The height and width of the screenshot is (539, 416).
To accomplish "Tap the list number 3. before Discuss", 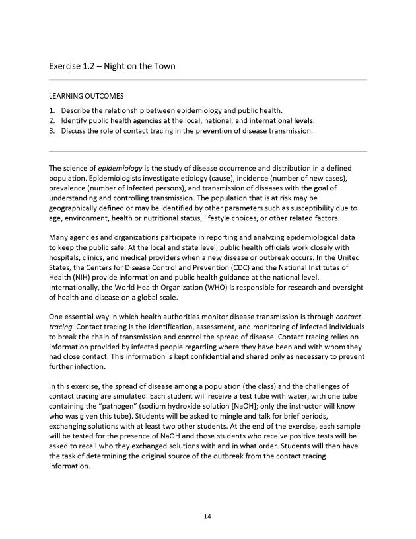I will (52, 131).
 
